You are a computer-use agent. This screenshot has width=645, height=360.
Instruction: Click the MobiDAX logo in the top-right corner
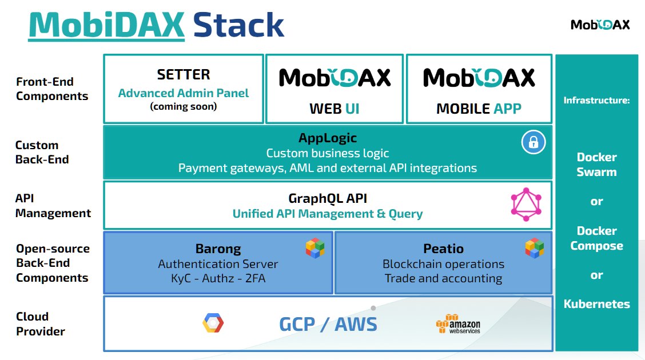pos(600,25)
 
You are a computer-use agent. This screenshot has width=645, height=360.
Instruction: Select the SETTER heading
pos(184,75)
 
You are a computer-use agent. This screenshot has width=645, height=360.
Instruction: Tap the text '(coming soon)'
pos(184,106)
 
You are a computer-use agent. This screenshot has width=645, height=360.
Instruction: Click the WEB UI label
pos(335,108)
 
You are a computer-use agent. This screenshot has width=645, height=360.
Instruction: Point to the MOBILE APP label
pos(479,108)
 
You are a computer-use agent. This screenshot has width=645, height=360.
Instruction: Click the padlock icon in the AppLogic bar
pos(533,143)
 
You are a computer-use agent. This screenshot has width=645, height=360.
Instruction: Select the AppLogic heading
pos(328,138)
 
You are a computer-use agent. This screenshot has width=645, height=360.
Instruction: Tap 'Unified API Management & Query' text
pos(328,214)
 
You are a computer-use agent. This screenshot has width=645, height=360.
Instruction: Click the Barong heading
pos(218,249)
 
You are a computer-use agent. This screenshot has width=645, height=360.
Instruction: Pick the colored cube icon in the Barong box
pos(314,249)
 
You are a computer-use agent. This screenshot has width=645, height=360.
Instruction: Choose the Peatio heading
pos(443,249)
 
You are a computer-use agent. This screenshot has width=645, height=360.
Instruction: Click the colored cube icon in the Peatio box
pos(534,248)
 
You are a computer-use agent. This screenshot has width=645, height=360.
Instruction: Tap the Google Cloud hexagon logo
pos(213,323)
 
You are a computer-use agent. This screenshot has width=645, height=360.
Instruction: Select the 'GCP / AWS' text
pos(328,324)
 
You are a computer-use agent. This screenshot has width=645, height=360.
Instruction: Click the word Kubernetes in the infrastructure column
pos(596,304)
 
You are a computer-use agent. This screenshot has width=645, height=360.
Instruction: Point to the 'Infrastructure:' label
pos(596,101)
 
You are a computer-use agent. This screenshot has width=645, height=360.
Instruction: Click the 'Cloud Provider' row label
pos(40,324)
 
